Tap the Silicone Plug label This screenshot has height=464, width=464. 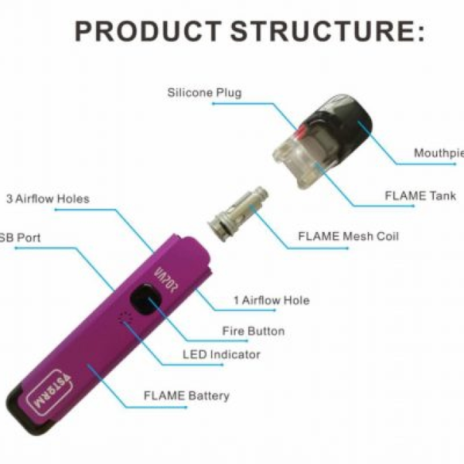click(x=204, y=93)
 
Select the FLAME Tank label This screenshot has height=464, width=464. click(x=420, y=196)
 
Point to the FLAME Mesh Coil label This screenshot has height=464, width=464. click(x=348, y=236)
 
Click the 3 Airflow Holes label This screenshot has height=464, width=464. click(x=48, y=199)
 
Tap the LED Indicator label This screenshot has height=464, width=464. click(x=221, y=355)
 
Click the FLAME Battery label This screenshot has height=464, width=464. click(x=186, y=396)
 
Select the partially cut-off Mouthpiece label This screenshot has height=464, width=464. click(x=438, y=152)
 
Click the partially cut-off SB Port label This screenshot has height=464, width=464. click(x=21, y=237)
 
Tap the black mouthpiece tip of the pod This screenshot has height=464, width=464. click(x=344, y=116)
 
